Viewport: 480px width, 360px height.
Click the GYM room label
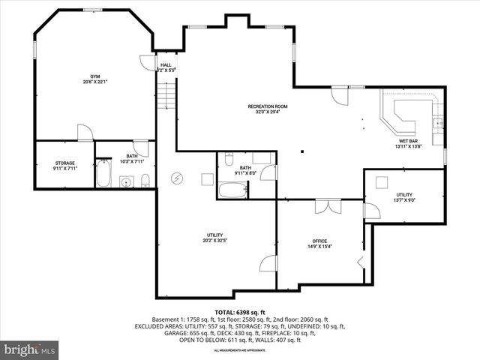(x=95, y=76)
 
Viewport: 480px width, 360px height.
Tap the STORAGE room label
(x=64, y=163)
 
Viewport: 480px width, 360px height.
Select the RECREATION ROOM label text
(x=268, y=106)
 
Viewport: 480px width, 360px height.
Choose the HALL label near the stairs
(x=166, y=65)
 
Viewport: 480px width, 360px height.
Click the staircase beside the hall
(x=166, y=97)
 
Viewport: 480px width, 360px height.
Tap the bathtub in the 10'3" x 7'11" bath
(x=103, y=175)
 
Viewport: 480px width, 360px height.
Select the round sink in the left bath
(x=127, y=181)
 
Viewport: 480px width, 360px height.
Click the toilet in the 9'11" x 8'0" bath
(x=228, y=158)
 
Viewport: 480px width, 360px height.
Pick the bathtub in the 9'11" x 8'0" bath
(x=232, y=189)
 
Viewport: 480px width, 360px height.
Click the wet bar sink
(x=437, y=123)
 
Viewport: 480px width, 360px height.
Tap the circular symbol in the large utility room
(x=177, y=178)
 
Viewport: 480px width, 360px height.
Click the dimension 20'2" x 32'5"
(x=215, y=241)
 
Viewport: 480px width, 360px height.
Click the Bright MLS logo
(x=30, y=349)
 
